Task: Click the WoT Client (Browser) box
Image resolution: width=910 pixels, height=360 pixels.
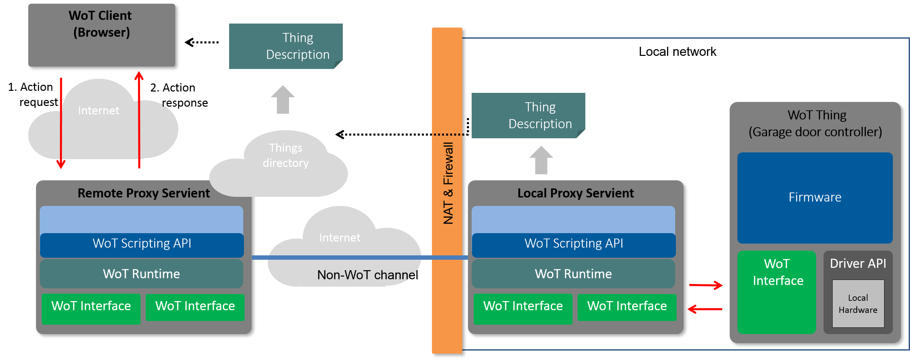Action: click(101, 35)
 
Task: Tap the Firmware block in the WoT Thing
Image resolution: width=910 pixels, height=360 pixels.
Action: click(814, 197)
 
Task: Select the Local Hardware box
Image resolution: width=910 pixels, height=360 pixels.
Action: click(858, 304)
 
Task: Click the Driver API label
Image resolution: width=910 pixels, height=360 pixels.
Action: click(858, 263)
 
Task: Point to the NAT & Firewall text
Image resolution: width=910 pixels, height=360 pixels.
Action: click(447, 183)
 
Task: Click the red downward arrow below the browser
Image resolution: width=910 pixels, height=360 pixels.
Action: click(61, 124)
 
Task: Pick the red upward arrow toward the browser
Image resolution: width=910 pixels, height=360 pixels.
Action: click(139, 120)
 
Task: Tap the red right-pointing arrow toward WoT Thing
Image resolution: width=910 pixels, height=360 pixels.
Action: click(706, 285)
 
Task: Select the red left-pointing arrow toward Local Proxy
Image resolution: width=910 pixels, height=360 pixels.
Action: click(705, 309)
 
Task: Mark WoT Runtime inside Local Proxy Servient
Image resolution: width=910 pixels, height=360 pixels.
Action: click(573, 274)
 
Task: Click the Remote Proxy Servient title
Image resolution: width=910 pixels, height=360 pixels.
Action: click(143, 193)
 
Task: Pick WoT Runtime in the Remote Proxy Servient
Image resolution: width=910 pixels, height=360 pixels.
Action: click(141, 274)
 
